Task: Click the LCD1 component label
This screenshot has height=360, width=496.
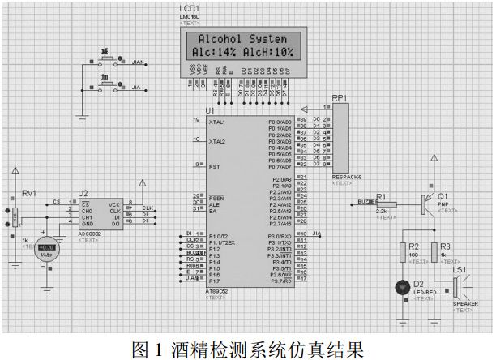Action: [189, 7]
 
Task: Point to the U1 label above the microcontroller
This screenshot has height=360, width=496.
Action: [211, 109]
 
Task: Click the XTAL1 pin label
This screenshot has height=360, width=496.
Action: [217, 122]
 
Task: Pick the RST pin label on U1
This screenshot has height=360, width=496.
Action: [214, 167]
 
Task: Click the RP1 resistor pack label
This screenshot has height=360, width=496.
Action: [339, 98]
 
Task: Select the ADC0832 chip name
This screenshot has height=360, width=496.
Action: [89, 234]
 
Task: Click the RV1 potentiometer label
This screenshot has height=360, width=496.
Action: [29, 194]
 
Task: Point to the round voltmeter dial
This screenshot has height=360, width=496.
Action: [53, 249]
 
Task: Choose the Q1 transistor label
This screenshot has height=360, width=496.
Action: [443, 196]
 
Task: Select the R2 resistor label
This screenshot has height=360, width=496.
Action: [413, 246]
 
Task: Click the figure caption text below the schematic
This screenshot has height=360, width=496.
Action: [247, 349]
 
